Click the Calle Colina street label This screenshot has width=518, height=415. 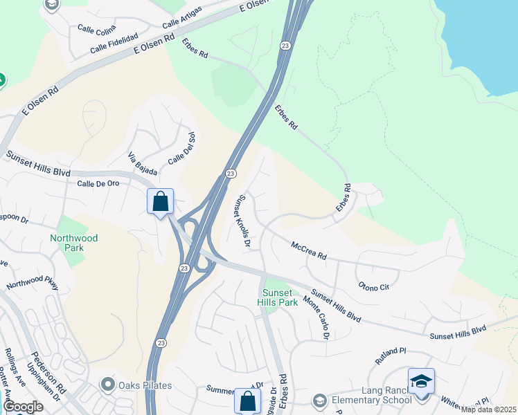click(96, 29)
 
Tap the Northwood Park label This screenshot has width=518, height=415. click(74, 243)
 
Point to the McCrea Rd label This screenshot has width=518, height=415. click(309, 250)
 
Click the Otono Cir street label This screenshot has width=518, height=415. click(375, 285)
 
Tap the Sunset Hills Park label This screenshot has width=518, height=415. click(277, 297)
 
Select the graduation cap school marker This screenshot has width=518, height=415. click(421, 381)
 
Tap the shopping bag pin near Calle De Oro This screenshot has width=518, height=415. click(160, 202)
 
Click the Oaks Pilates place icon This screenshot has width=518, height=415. click(107, 385)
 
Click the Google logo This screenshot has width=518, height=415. click(24, 407)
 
